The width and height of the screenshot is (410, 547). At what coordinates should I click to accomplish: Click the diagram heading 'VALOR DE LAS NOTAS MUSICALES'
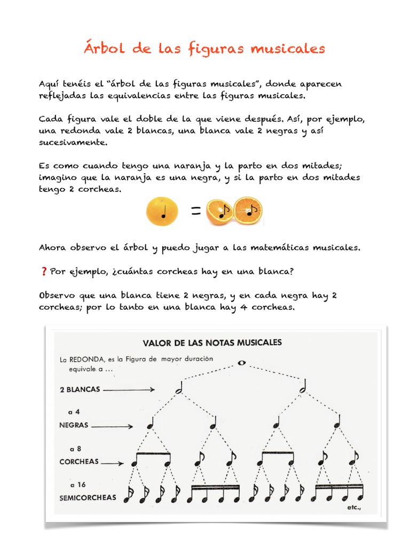[x=211, y=342]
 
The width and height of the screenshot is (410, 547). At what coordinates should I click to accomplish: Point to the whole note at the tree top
[x=241, y=363]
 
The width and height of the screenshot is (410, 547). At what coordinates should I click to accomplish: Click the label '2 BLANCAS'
[x=80, y=389]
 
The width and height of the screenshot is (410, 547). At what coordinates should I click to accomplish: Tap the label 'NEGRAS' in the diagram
[x=74, y=426]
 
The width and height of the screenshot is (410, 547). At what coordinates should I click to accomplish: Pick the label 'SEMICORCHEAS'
[x=88, y=497]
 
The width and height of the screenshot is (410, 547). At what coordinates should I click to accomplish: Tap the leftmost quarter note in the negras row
[x=151, y=424]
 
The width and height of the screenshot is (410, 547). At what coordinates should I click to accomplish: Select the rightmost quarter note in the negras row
[x=337, y=423]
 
